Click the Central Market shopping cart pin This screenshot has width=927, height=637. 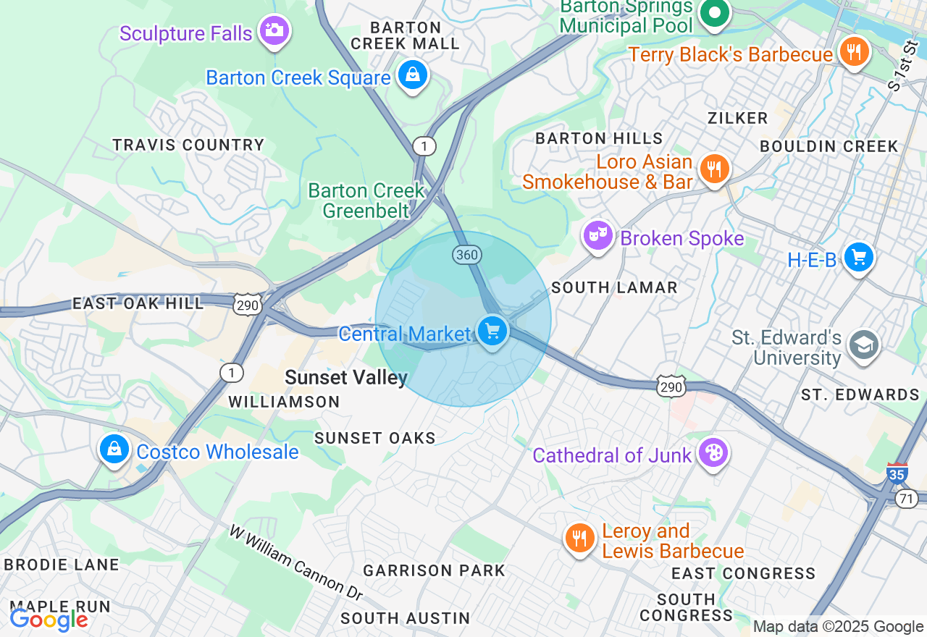pyautogui.click(x=492, y=332)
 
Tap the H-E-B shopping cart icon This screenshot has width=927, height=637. pyautogui.click(x=859, y=258)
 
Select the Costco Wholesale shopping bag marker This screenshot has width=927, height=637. pyautogui.click(x=114, y=450)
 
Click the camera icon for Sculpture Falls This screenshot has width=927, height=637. pyautogui.click(x=274, y=30)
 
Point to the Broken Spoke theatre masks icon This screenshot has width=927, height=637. pyautogui.click(x=598, y=235)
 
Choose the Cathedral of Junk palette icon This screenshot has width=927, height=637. pyautogui.click(x=713, y=453)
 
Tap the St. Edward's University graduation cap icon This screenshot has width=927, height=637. pyautogui.click(x=863, y=345)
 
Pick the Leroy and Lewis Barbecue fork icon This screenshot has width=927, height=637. pyautogui.click(x=579, y=539)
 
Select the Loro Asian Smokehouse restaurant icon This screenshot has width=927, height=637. pyautogui.click(x=714, y=169)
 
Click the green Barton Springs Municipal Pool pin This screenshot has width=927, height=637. pyautogui.click(x=715, y=13)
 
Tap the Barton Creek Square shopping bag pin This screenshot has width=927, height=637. pyautogui.click(x=413, y=75)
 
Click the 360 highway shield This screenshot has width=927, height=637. pyautogui.click(x=467, y=255)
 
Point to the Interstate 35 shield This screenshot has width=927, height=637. pyautogui.click(x=897, y=473)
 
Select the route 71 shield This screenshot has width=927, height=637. pyautogui.click(x=906, y=498)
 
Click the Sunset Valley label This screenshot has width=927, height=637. pyautogui.click(x=346, y=377)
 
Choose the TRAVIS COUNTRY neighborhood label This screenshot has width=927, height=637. pyautogui.click(x=188, y=145)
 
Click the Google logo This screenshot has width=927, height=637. pyautogui.click(x=49, y=620)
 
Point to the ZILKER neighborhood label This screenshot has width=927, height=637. pyautogui.click(x=737, y=118)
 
